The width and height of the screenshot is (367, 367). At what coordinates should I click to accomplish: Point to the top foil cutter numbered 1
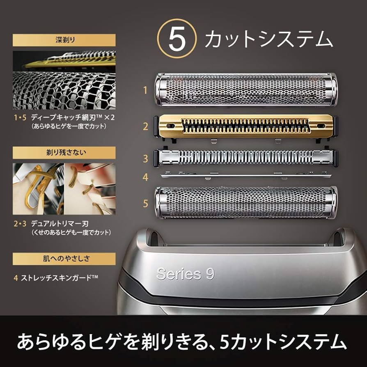[x=245, y=89]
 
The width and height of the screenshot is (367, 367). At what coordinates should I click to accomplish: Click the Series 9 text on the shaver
[x=185, y=274]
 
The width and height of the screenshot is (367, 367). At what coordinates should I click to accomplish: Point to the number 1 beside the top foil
[x=145, y=90]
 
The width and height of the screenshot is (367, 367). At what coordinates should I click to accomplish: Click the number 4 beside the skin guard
[x=145, y=177]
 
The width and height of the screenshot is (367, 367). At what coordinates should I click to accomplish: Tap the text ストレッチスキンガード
[x=59, y=278]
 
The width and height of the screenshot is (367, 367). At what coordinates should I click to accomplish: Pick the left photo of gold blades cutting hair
[x=38, y=189]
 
